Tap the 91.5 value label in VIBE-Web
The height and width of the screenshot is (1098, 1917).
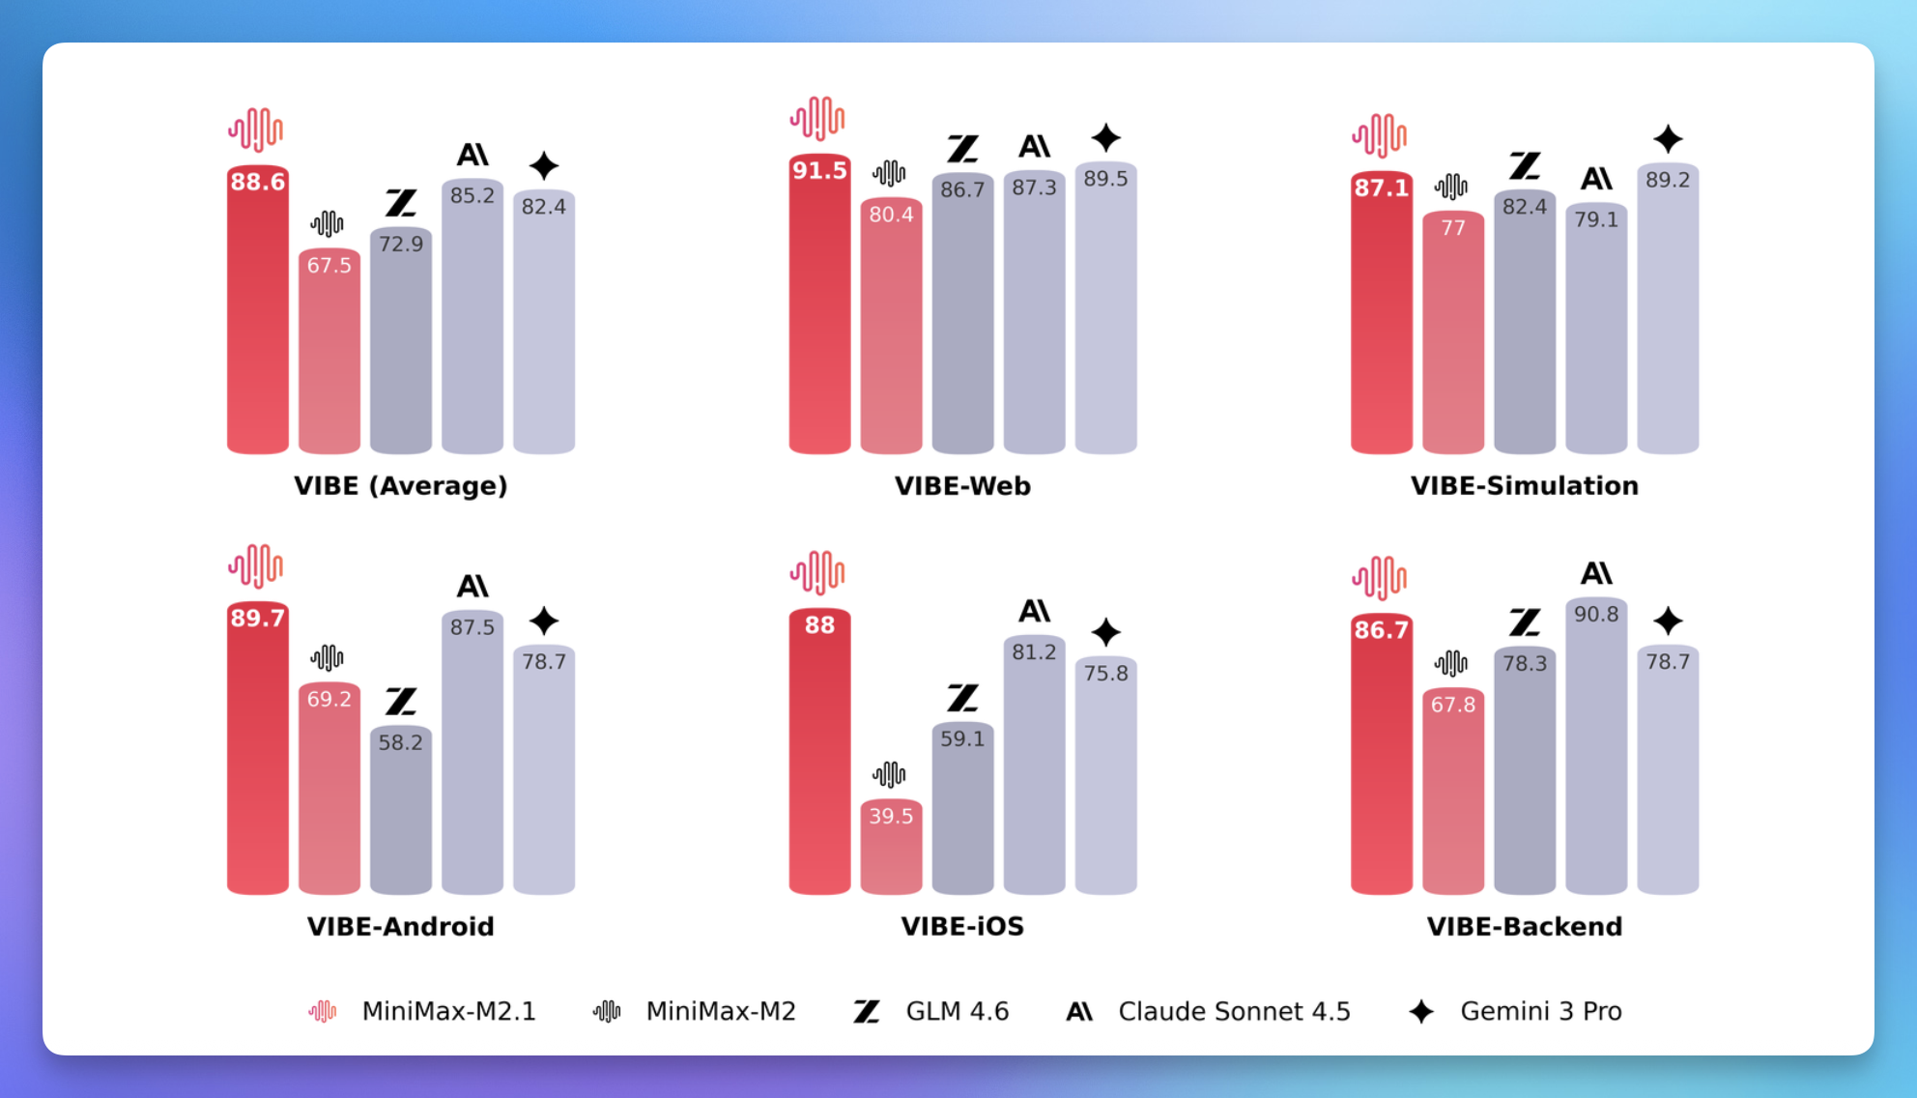819,171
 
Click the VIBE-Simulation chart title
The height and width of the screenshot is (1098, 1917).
1524,485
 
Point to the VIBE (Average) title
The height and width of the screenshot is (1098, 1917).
400,485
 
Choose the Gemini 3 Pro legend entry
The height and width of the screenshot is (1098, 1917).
1540,1011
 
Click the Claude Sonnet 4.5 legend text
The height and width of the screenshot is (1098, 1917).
1234,1011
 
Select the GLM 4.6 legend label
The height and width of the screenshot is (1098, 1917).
957,1011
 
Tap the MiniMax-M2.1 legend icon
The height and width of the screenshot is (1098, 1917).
323,1011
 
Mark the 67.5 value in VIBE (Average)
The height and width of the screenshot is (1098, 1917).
329,266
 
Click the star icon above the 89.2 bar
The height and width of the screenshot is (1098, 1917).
1668,139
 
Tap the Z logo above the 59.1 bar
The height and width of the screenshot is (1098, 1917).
962,698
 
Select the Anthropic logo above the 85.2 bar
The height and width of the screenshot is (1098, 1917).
472,155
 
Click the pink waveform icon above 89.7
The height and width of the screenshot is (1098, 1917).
256,566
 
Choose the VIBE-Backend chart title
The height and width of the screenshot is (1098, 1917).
1524,926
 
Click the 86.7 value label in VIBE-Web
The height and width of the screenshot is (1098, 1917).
962,189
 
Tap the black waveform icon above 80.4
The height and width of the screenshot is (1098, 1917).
890,174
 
